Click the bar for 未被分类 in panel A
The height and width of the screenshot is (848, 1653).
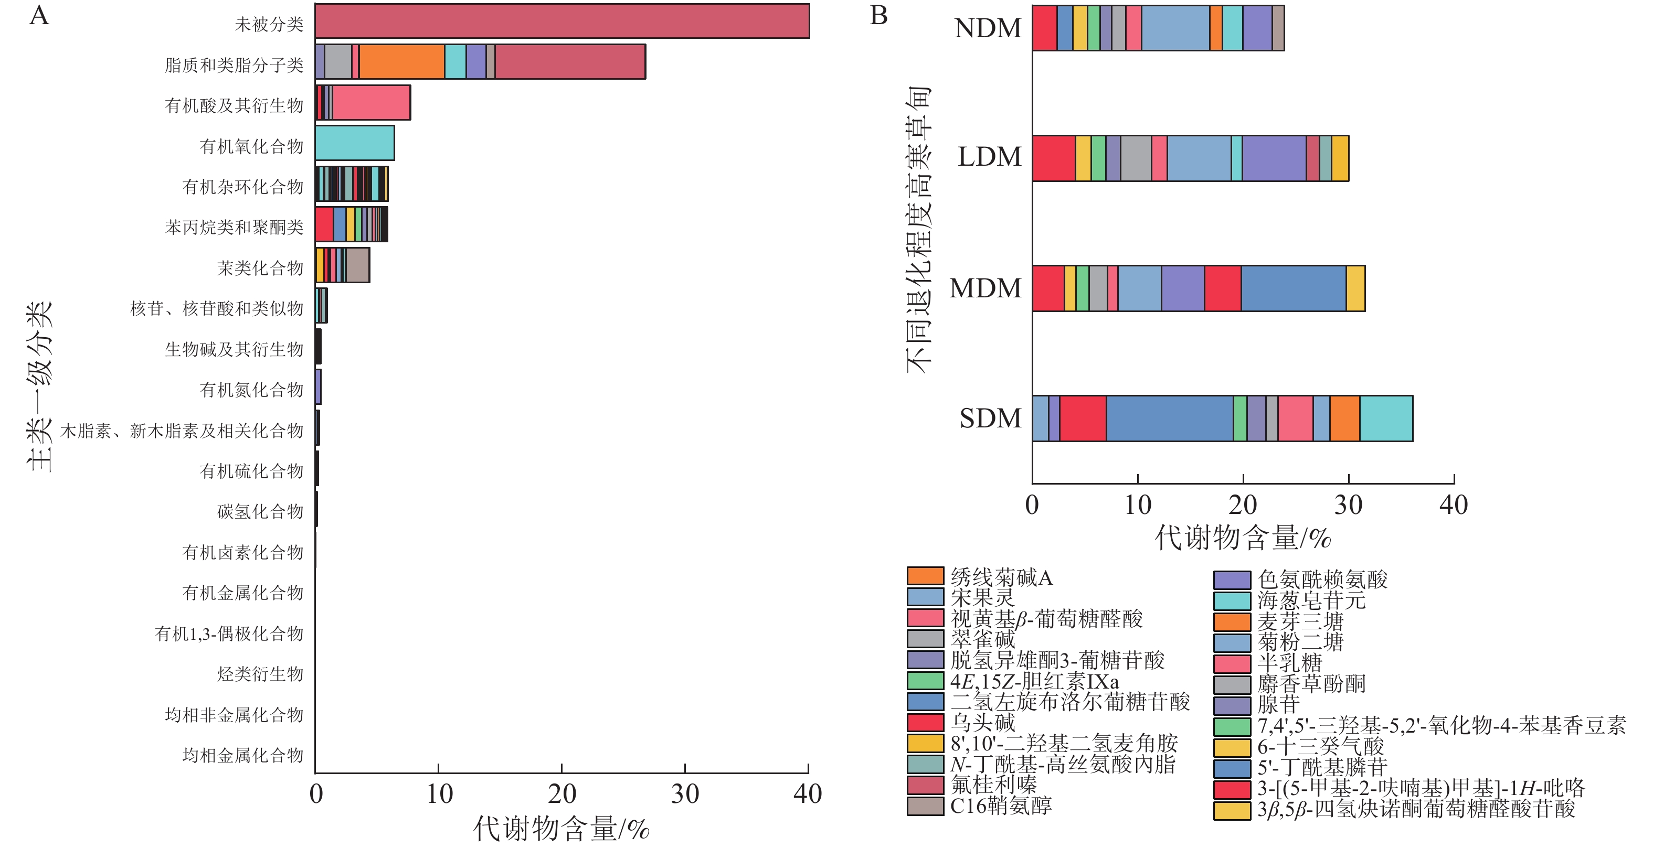[562, 21]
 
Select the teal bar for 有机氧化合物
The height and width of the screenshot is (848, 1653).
[355, 143]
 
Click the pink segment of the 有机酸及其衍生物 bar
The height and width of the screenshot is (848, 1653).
[371, 103]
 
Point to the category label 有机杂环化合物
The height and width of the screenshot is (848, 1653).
[242, 187]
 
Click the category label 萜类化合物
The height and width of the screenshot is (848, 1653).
[260, 267]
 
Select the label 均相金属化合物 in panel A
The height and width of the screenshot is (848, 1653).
[242, 755]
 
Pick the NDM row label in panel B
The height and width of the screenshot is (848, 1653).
[988, 28]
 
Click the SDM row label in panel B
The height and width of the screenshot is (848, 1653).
[990, 418]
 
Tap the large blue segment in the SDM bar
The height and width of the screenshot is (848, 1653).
[1169, 418]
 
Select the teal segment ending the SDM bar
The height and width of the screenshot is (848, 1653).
[1386, 418]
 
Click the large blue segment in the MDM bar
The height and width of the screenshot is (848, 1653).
[1293, 288]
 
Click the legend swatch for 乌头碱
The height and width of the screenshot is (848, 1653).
[925, 723]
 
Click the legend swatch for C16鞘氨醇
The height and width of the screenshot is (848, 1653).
[925, 806]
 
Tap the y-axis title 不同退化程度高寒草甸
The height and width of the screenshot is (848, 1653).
[918, 230]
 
